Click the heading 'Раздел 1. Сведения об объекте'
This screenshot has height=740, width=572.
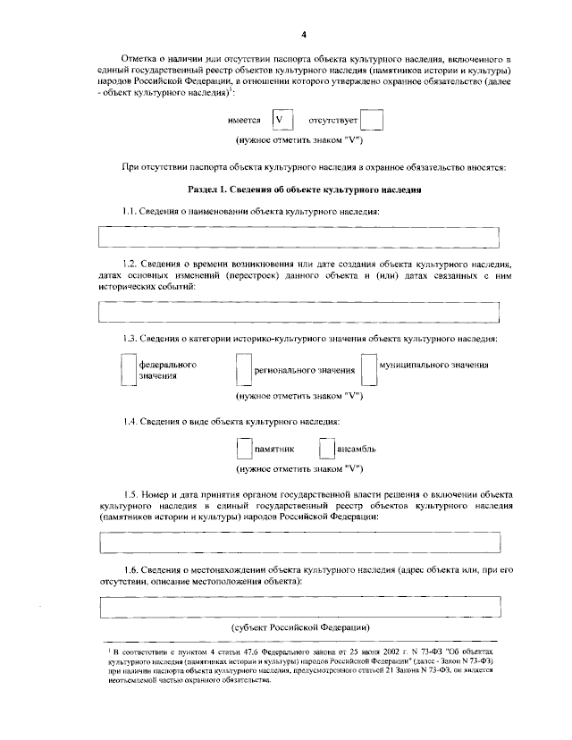(305, 190)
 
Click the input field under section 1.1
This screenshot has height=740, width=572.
(299, 237)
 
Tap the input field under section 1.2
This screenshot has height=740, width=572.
(299, 312)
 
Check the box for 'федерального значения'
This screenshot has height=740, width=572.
(128, 371)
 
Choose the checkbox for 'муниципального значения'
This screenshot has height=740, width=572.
(368, 370)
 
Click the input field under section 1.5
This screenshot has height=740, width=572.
(299, 542)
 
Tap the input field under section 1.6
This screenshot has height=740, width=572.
(299, 606)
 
